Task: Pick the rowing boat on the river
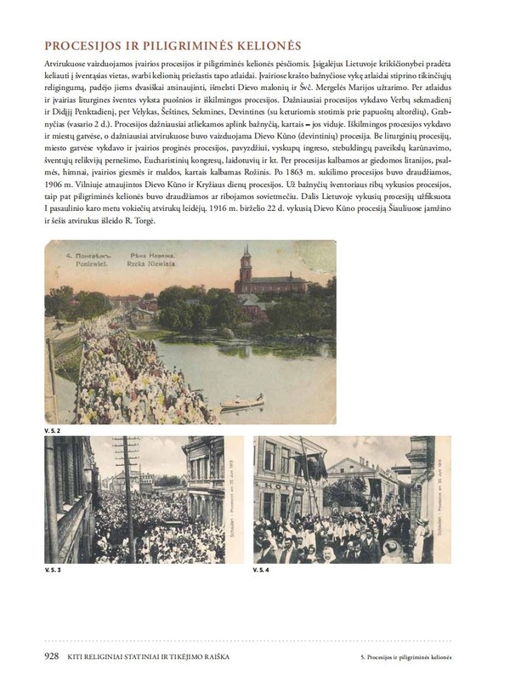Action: (242, 401)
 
